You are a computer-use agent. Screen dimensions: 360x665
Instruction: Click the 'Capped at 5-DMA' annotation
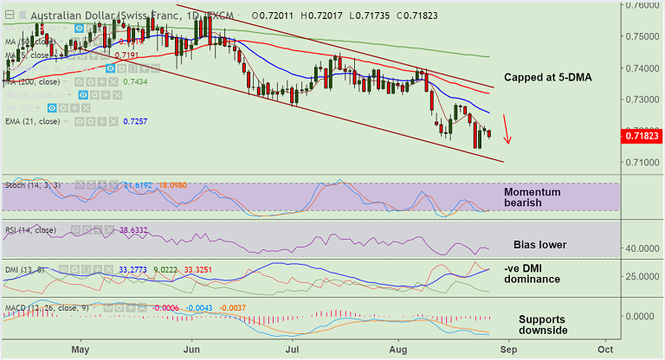547,78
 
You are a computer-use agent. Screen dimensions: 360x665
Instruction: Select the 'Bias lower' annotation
539,245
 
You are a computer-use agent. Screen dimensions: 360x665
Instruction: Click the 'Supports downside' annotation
544,325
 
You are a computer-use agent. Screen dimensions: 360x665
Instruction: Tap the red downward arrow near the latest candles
508,130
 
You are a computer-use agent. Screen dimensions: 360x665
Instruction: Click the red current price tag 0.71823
642,135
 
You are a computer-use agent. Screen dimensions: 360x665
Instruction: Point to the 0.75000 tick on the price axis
642,36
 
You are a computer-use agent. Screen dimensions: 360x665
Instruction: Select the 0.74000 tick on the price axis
642,67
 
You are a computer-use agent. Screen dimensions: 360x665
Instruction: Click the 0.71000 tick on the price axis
642,162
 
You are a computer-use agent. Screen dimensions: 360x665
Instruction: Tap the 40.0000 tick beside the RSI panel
642,248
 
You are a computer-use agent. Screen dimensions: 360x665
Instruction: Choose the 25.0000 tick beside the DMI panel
642,275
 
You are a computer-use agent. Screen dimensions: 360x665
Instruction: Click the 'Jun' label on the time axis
192,349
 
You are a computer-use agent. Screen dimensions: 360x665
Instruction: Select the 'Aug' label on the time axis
397,349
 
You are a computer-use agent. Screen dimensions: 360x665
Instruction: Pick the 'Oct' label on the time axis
606,349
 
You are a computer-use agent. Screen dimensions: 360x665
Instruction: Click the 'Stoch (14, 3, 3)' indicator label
32,185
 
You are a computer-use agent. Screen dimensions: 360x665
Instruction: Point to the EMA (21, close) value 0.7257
133,122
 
